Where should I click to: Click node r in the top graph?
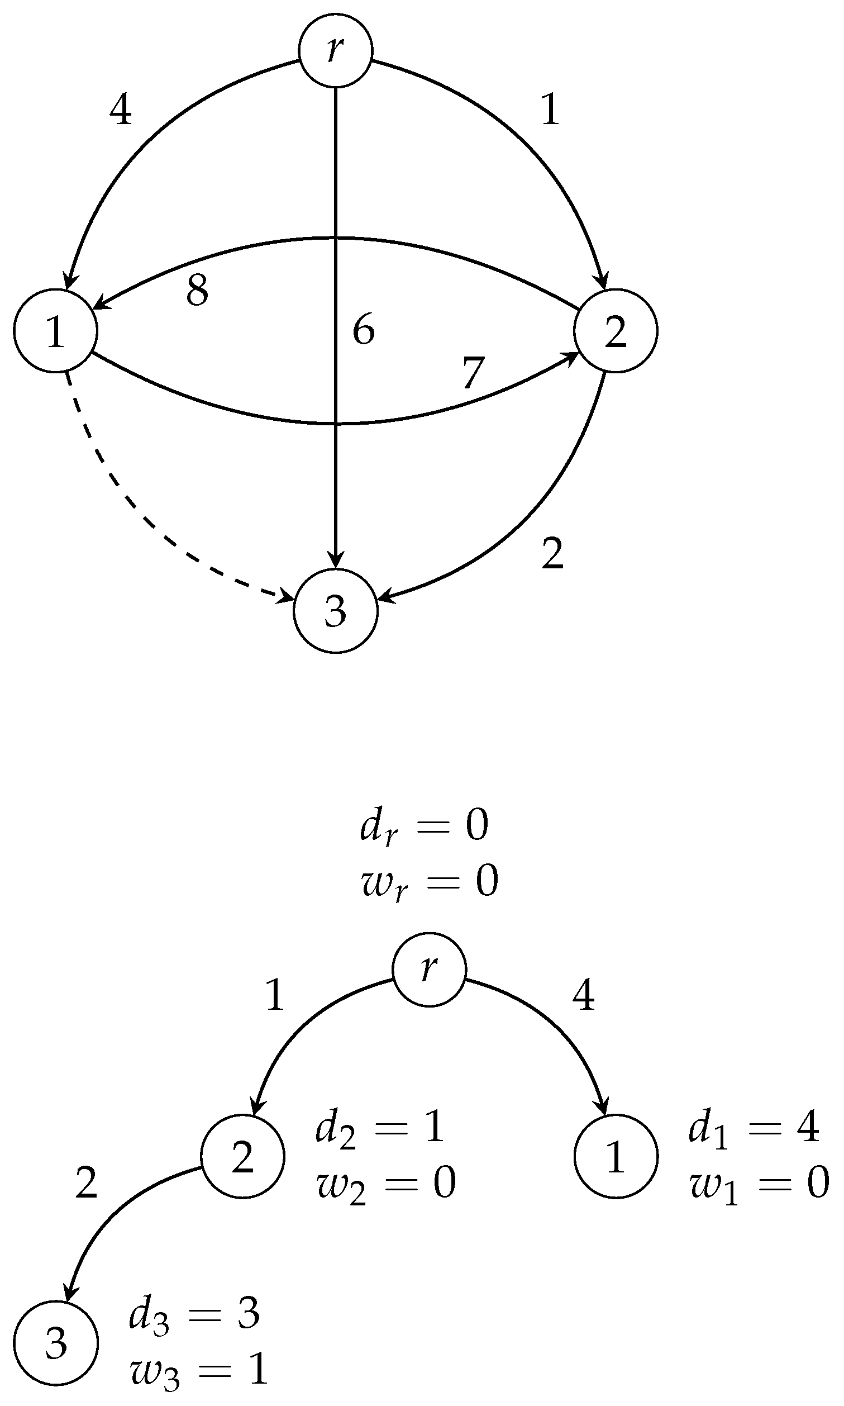coord(336,51)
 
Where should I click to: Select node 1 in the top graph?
coord(55,331)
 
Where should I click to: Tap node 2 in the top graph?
coord(616,331)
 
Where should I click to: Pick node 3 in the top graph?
coord(336,611)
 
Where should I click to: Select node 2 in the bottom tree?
coord(242,1156)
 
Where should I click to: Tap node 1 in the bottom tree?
coord(616,1156)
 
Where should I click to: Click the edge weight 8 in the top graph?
coord(197,291)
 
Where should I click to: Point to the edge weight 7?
coord(473,373)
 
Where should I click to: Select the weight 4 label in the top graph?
coord(121,111)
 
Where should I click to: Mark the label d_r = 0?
coord(425,827)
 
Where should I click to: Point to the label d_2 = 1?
coord(380,1128)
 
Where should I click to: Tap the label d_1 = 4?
coord(754,1128)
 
